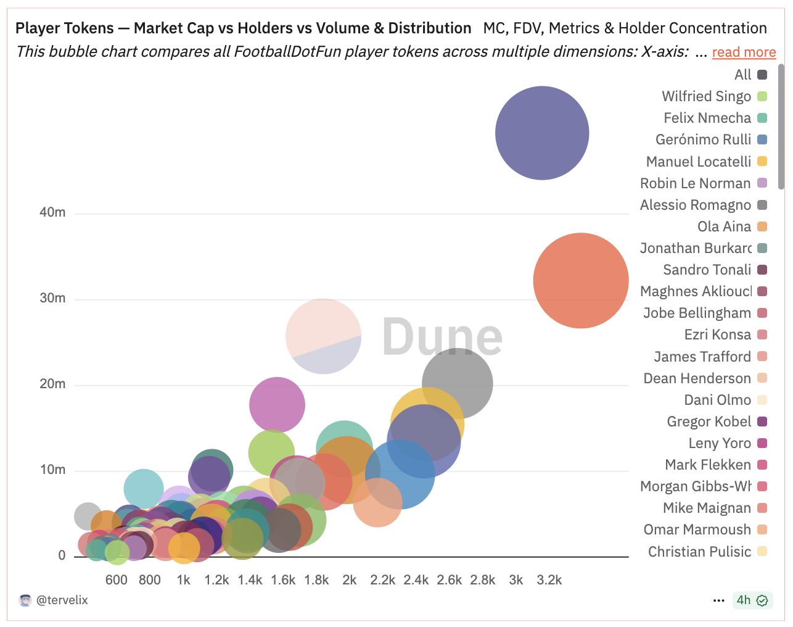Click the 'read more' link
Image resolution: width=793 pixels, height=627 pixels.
pos(744,52)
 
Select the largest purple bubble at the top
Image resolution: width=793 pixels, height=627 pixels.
pos(542,133)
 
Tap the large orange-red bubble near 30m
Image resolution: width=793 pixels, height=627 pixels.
pos(580,280)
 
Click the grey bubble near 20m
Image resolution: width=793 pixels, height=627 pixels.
pos(458,383)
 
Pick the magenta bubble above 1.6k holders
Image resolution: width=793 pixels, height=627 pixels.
pos(277,405)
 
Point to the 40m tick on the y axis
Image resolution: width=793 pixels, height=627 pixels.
pos(52,212)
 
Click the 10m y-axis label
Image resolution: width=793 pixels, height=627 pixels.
pos(52,470)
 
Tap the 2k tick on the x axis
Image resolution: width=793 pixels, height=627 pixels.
pos(350,580)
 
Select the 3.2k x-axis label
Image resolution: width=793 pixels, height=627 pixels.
pos(549,580)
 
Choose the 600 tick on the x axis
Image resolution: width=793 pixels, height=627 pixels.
pos(116,580)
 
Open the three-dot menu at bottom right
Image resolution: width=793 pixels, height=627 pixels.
pos(718,600)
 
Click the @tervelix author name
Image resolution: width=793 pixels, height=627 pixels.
pos(62,600)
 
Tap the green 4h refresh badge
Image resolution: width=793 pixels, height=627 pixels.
pos(752,600)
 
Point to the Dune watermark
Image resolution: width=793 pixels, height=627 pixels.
pos(442,337)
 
